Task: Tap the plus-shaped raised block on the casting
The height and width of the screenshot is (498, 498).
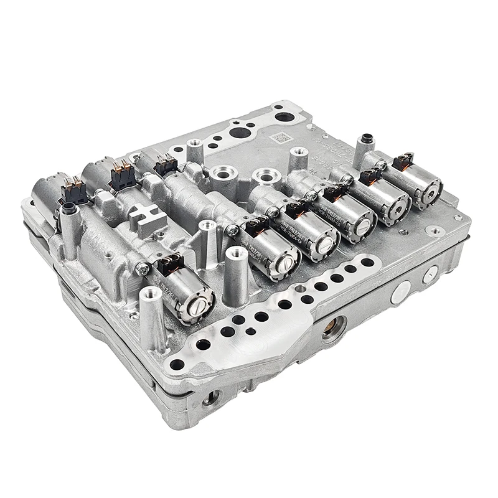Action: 149,215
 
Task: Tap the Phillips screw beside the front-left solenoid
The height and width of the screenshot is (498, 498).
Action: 143,269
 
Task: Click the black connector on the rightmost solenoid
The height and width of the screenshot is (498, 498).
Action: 403,161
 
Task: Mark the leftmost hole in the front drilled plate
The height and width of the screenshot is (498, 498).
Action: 177,364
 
